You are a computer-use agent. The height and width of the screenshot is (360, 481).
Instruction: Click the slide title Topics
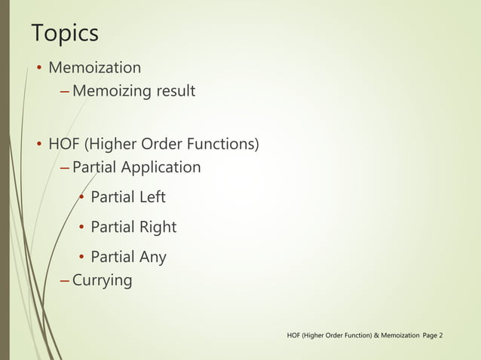(x=65, y=34)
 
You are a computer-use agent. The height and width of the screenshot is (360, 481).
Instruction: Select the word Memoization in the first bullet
(x=94, y=68)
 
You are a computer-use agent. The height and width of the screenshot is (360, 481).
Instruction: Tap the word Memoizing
(x=112, y=92)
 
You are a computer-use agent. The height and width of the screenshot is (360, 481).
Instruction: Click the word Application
(x=163, y=166)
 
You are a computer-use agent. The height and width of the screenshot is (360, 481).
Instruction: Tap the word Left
(x=151, y=197)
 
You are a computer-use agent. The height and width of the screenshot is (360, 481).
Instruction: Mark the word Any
(x=152, y=257)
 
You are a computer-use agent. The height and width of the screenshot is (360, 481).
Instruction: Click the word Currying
(x=102, y=281)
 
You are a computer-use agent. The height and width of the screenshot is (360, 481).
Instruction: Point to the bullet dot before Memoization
(x=38, y=69)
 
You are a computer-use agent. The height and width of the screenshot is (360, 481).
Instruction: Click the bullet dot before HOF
(x=38, y=144)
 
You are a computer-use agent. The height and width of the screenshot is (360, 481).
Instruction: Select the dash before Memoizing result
(x=64, y=92)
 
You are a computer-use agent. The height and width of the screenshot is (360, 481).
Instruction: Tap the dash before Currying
(x=64, y=281)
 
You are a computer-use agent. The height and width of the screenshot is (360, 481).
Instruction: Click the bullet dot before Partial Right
(x=81, y=227)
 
